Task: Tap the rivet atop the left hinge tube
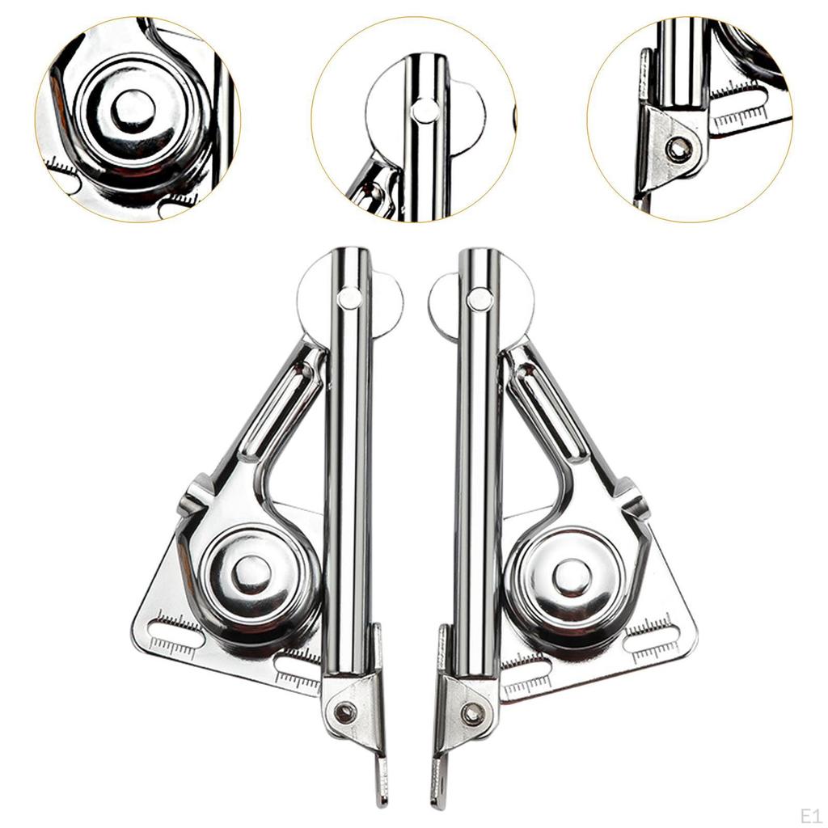[x=350, y=298]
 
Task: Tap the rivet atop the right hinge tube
[x=479, y=299]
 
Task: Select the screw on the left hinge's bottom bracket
[x=347, y=712]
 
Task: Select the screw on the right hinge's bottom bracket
[x=474, y=714]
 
